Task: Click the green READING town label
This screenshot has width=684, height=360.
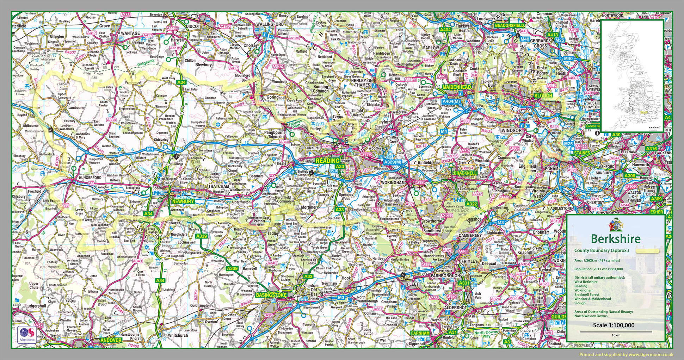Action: click(x=327, y=161)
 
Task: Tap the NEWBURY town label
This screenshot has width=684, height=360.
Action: click(x=183, y=201)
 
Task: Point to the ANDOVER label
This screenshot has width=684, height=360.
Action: click(x=111, y=340)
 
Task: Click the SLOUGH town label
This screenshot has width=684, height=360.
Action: click(x=543, y=96)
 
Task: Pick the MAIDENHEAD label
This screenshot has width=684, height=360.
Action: click(x=458, y=87)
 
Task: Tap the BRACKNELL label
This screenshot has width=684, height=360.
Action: click(x=465, y=173)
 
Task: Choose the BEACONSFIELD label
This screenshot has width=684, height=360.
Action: click(x=509, y=26)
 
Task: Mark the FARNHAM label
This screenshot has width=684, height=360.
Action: click(x=420, y=333)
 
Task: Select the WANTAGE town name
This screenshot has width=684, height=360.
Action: click(x=130, y=33)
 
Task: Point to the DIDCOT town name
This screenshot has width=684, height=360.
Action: click(x=193, y=26)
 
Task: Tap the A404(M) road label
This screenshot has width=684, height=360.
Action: click(x=451, y=101)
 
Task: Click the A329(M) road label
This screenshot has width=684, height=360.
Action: click(x=392, y=162)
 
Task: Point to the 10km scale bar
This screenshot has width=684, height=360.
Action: click(x=616, y=332)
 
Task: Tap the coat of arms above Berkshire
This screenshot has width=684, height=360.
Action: click(x=615, y=224)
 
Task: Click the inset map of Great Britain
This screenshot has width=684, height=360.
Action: click(x=632, y=76)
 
